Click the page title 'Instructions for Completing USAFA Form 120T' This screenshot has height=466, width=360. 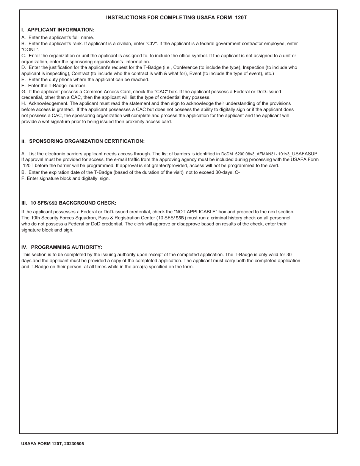177,17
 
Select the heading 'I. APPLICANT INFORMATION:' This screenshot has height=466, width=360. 58,30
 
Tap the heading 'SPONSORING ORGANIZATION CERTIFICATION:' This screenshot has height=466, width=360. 87,141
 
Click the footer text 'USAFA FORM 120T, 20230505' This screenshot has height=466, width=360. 53,443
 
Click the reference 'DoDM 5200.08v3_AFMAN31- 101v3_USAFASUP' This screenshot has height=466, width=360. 270,154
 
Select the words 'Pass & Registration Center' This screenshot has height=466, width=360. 125,218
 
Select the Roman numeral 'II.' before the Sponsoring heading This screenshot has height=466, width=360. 23,142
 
